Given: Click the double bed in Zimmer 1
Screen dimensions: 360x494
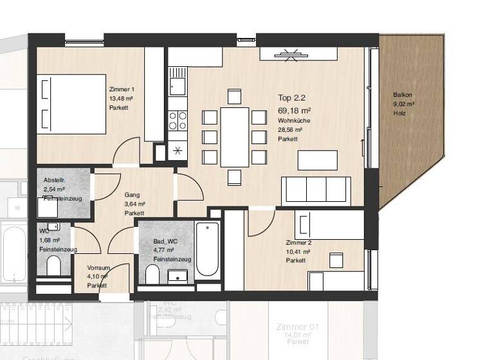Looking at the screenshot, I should click(71, 104).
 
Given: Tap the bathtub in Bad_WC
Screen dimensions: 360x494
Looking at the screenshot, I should click(208, 249).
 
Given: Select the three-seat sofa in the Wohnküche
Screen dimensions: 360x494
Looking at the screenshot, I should click(316, 191).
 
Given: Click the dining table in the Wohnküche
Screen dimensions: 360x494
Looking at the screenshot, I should click(234, 136).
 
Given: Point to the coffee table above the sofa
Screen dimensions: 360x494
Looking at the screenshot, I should click(317, 159).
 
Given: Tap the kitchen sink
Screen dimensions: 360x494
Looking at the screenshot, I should click(177, 84).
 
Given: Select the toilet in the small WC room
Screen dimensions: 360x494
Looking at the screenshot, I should click(53, 265).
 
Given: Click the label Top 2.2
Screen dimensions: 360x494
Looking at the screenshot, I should click(291, 98).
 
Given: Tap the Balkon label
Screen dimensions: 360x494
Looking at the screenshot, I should click(403, 95).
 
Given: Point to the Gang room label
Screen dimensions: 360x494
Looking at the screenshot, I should click(131, 194).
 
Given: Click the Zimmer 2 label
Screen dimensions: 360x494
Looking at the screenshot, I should click(298, 242).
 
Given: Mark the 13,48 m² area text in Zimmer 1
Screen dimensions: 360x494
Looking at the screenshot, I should click(121, 98).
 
